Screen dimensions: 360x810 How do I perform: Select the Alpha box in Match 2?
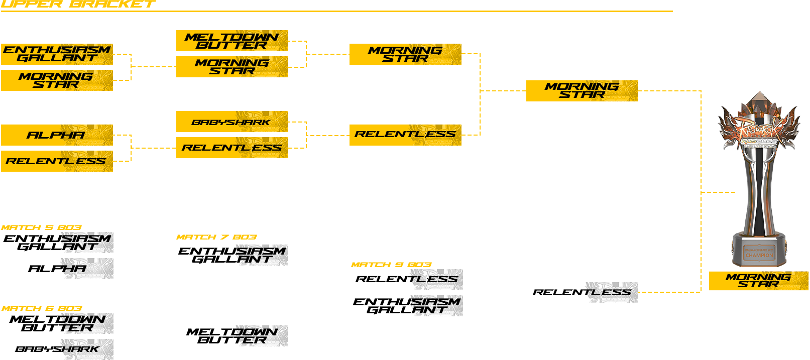coord(57,135)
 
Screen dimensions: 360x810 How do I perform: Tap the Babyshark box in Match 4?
coord(232,122)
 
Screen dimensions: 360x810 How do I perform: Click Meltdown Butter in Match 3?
coord(232,41)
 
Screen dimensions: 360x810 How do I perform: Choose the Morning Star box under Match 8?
coord(405,54)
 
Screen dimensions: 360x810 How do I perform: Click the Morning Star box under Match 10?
coord(582,91)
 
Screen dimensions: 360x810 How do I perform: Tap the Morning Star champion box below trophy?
coord(758,281)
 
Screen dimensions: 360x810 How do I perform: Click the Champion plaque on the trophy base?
coord(759,253)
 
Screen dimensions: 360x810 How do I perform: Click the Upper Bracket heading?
coord(78,4)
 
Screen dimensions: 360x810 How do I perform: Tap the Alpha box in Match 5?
coord(57,269)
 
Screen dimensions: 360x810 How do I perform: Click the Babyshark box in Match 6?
coord(57,349)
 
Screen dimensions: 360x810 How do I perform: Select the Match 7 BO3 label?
coord(216,237)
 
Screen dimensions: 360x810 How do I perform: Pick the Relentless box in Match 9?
coord(407,279)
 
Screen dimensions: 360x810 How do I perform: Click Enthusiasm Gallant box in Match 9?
coord(407,305)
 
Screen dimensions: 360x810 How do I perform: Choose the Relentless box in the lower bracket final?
coord(582,292)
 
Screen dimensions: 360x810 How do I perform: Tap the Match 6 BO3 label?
coord(42,308)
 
